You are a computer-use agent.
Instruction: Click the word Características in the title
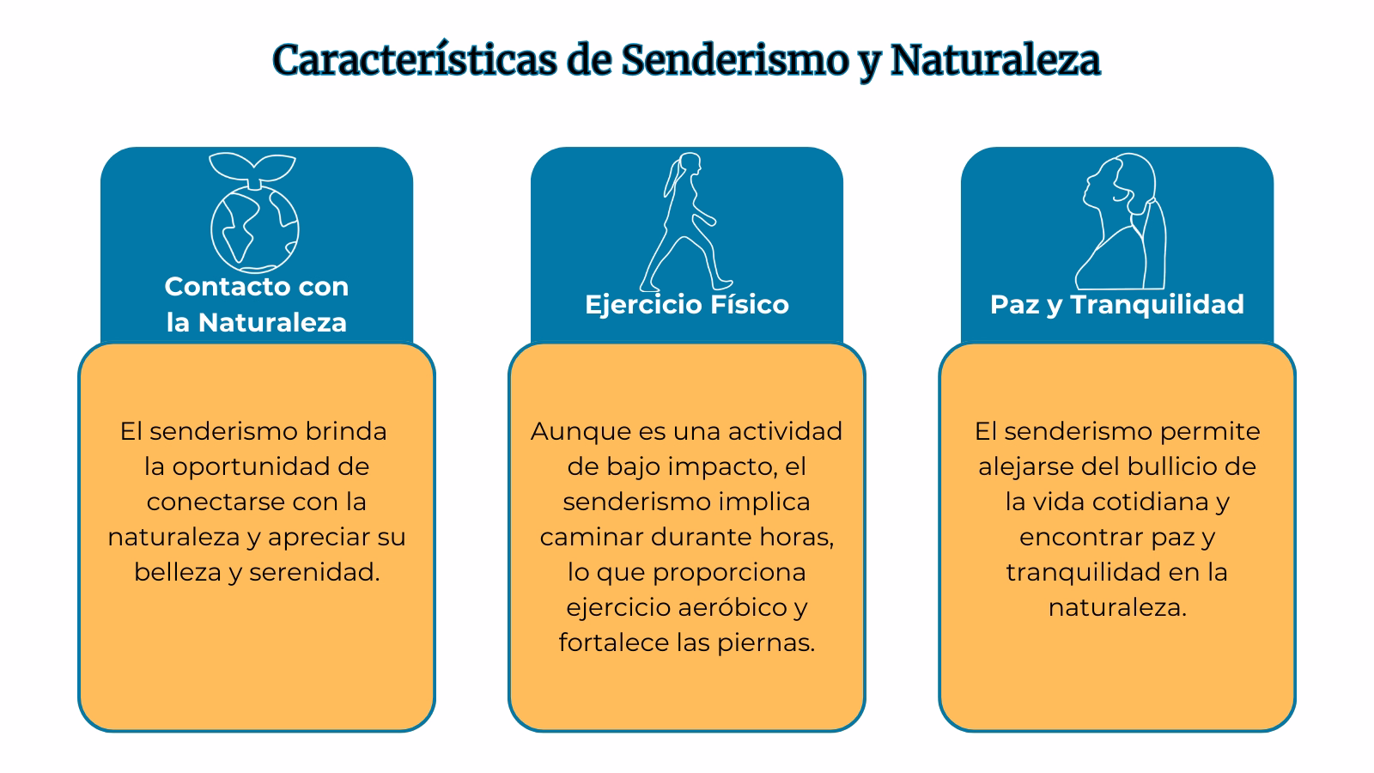(x=413, y=61)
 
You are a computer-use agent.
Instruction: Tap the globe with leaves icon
(x=255, y=212)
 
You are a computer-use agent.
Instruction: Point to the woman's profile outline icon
(x=1121, y=222)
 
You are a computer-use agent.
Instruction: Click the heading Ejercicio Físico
(x=687, y=304)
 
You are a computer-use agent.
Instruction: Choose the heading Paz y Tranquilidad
(x=1116, y=304)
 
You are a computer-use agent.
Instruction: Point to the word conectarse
(x=214, y=502)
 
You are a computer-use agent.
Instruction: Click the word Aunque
(x=573, y=431)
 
